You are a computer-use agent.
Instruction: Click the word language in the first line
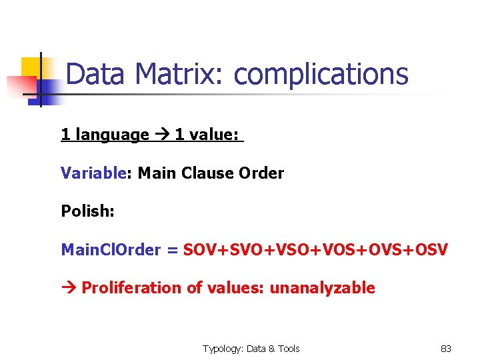point(112,135)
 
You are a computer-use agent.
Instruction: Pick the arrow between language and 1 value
point(162,135)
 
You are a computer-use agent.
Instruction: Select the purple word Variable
point(93,173)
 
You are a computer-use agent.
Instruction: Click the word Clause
point(207,173)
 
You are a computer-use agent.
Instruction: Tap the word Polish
point(87,211)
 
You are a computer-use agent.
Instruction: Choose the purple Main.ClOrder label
point(111,250)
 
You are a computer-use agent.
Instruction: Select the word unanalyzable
point(322,288)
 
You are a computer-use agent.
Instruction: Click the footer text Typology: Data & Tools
point(251,349)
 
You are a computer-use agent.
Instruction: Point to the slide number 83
point(445,349)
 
